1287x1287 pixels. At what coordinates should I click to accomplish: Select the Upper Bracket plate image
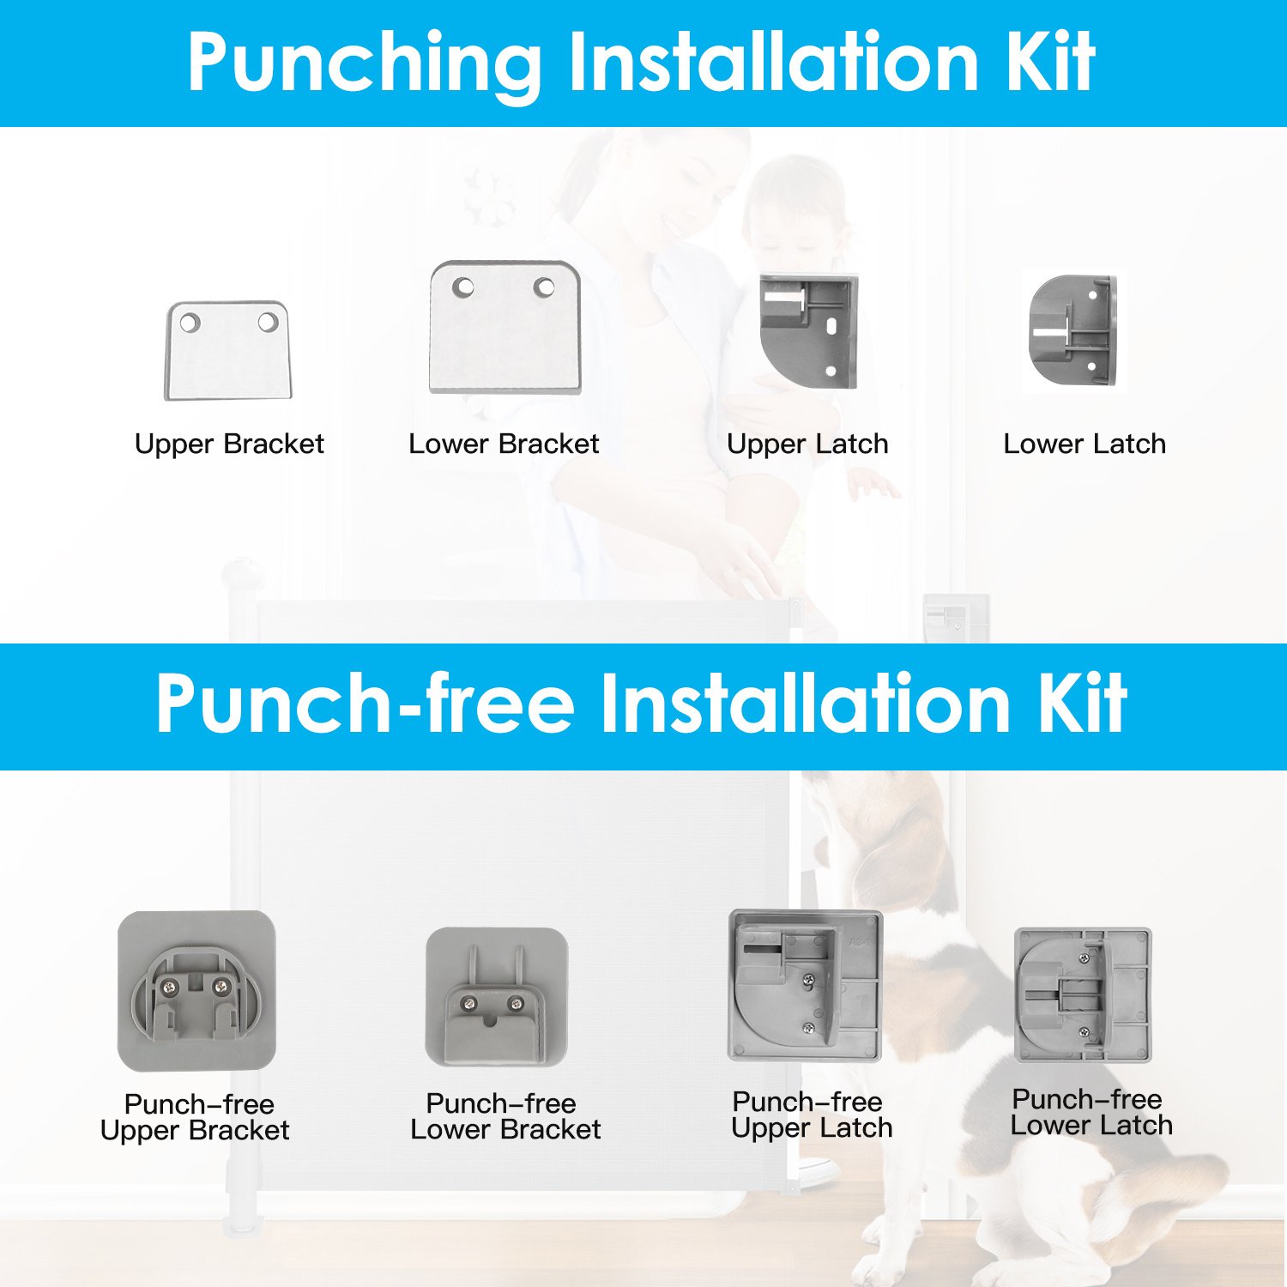coord(228,350)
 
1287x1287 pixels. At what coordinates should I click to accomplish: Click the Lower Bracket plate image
coord(505,327)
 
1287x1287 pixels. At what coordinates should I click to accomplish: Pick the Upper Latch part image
coord(808,331)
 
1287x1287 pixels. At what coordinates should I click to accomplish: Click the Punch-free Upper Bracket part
coord(197,991)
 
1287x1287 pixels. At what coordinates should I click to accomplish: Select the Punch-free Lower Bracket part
coord(497,996)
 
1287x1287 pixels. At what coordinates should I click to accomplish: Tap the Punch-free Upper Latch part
coord(805,986)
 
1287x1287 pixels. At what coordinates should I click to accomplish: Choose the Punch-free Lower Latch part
coord(1083,994)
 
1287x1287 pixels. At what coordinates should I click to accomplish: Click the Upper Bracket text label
coord(229,444)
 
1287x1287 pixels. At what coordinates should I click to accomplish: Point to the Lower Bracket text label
coord(504,444)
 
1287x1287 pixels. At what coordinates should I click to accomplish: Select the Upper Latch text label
coord(807,444)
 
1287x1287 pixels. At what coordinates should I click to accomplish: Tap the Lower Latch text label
coord(1085,444)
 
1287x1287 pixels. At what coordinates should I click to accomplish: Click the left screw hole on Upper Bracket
coord(190,323)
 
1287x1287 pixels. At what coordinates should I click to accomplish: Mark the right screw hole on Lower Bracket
coord(544,287)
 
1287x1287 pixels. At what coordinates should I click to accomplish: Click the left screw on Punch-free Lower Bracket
coord(470,1003)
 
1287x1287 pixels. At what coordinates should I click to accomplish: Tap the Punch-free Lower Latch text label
coord(1091,1112)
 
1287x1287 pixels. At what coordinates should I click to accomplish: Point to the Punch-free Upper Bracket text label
coord(196,1117)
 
